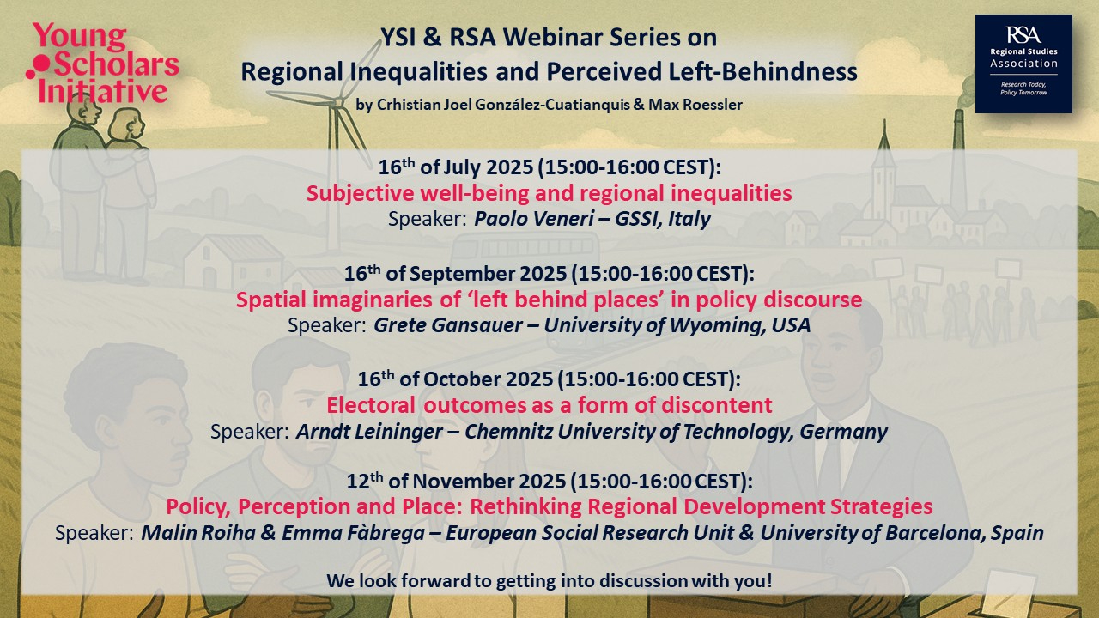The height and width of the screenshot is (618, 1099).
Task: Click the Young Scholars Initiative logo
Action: tap(102, 64)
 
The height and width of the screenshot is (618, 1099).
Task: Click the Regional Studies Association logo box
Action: tap(1023, 64)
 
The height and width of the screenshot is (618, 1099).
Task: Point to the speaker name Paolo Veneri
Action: tap(534, 219)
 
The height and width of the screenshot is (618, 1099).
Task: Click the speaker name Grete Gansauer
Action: tap(448, 325)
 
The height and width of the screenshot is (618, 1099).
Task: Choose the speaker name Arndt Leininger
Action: tap(369, 432)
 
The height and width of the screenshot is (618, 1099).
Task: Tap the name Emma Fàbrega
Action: tap(353, 533)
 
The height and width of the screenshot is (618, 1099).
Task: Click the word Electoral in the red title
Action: tap(371, 406)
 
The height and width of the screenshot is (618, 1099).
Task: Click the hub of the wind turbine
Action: tap(339, 102)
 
